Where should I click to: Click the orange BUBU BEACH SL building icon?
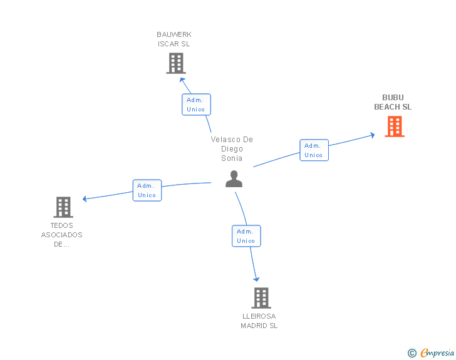(x=394, y=126)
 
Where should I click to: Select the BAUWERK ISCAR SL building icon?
(x=176, y=63)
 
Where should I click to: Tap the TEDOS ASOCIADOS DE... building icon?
(x=63, y=207)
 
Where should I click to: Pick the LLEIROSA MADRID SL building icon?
(x=261, y=298)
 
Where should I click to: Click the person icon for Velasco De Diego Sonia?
(x=234, y=179)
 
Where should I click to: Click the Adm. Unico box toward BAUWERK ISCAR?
(x=196, y=105)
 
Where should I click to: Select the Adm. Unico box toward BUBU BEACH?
(x=314, y=150)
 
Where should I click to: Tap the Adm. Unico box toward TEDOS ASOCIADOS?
(x=147, y=190)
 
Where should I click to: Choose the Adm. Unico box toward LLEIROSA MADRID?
(x=246, y=236)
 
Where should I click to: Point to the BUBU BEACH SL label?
(x=393, y=102)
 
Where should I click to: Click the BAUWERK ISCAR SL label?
(x=174, y=39)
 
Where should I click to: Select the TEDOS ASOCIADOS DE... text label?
(x=62, y=235)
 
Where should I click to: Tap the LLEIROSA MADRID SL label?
(x=259, y=321)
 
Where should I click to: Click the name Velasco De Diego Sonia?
(x=232, y=149)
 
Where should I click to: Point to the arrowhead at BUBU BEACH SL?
(x=372, y=134)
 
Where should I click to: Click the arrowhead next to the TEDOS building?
(x=85, y=199)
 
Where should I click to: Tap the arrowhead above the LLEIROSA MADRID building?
(x=256, y=279)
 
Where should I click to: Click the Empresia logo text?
(x=437, y=353)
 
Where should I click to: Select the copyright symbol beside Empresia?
(x=412, y=353)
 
